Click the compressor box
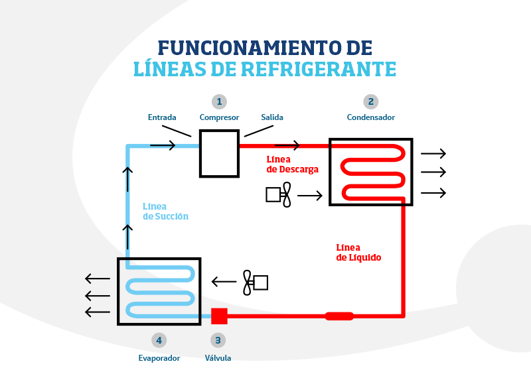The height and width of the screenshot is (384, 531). pos(219,153)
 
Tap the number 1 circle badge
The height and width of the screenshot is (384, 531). pos(219,101)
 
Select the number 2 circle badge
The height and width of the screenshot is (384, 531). pos(370,101)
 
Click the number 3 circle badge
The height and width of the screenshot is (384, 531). pos(218,340)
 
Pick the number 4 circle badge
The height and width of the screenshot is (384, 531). pos(158,340)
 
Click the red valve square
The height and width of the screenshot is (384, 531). pos(219,316)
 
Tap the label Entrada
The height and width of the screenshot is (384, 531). pos(162,117)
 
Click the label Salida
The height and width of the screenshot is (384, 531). pos(272,117)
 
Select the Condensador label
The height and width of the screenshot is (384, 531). pos(370,117)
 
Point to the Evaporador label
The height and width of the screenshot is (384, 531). pos(159,358)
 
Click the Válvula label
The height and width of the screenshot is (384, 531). pos(218,358)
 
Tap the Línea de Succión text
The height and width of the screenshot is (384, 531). pos(165,212)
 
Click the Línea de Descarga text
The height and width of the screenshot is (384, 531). pos(292,164)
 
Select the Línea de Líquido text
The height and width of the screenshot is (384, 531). pos(358,253)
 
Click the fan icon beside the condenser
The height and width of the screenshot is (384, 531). pos(279,194)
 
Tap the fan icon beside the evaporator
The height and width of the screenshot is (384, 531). pos(255,283)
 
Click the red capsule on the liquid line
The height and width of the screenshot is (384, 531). pos(339,316)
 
